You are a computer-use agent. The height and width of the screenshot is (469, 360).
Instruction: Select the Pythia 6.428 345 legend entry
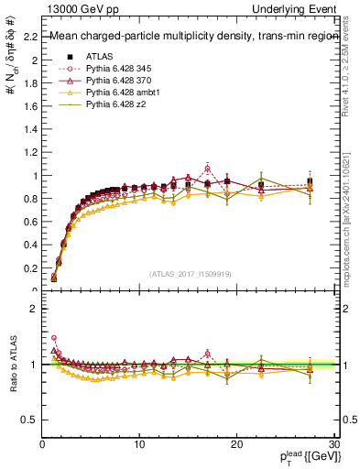tap(117, 68)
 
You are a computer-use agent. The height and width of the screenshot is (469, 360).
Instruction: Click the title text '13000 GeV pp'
tap(78, 8)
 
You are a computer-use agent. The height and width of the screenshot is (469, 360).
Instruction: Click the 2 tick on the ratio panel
tap(33, 310)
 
